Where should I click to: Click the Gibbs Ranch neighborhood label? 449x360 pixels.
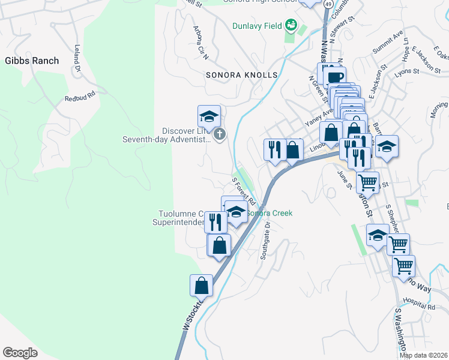(x=32, y=61)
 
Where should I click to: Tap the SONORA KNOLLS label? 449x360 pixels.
(x=242, y=75)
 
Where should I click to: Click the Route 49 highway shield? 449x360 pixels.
(x=328, y=4)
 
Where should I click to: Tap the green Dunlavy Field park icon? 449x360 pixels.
(x=291, y=25)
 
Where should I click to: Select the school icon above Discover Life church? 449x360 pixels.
(x=209, y=115)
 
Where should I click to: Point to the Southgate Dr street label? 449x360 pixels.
(x=265, y=241)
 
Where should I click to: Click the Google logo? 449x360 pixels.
(x=20, y=352)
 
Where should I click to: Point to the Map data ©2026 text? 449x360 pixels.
(x=424, y=355)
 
